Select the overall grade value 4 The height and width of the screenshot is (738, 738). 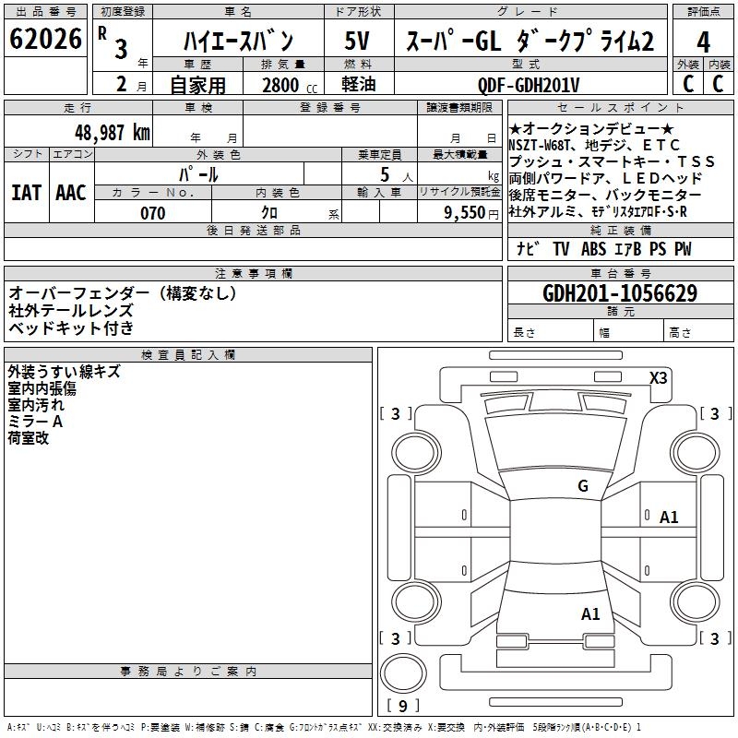(x=703, y=42)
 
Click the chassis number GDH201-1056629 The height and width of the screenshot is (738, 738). (x=620, y=293)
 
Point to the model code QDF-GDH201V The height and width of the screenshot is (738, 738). (x=529, y=85)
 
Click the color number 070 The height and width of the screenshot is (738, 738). (x=152, y=213)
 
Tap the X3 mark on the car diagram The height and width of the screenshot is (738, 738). (x=659, y=376)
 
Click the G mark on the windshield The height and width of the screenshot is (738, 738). (x=583, y=485)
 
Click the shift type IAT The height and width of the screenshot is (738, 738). (x=27, y=192)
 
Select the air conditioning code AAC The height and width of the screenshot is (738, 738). (x=71, y=192)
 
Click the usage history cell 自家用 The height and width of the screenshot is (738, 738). (x=197, y=85)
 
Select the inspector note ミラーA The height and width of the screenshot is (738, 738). (x=35, y=421)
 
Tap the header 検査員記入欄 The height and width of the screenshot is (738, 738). (x=188, y=354)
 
